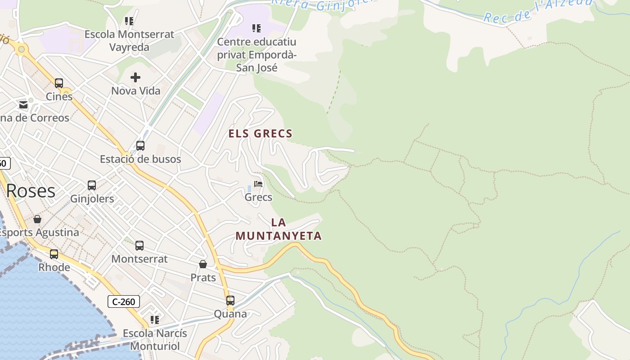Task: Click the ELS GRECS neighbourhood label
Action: (261, 134)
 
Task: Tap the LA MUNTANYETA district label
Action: (279, 229)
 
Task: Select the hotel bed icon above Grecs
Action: (258, 184)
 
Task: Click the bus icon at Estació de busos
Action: (140, 146)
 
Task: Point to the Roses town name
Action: (31, 191)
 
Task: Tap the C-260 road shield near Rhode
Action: (124, 301)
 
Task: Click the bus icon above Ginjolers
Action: (92, 185)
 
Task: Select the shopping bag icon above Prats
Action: (203, 264)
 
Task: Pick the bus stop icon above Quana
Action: (230, 301)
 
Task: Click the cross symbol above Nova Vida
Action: (135, 77)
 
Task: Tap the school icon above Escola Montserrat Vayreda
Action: (129, 21)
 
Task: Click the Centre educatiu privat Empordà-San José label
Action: (256, 55)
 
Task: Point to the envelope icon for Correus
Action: (23, 105)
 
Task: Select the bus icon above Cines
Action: (59, 83)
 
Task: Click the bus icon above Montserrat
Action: (139, 246)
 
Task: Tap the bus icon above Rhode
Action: (54, 254)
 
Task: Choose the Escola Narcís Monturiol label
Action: (155, 340)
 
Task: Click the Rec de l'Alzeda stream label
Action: (538, 11)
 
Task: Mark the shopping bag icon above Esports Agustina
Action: (37, 219)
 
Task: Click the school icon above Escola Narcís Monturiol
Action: (155, 320)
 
